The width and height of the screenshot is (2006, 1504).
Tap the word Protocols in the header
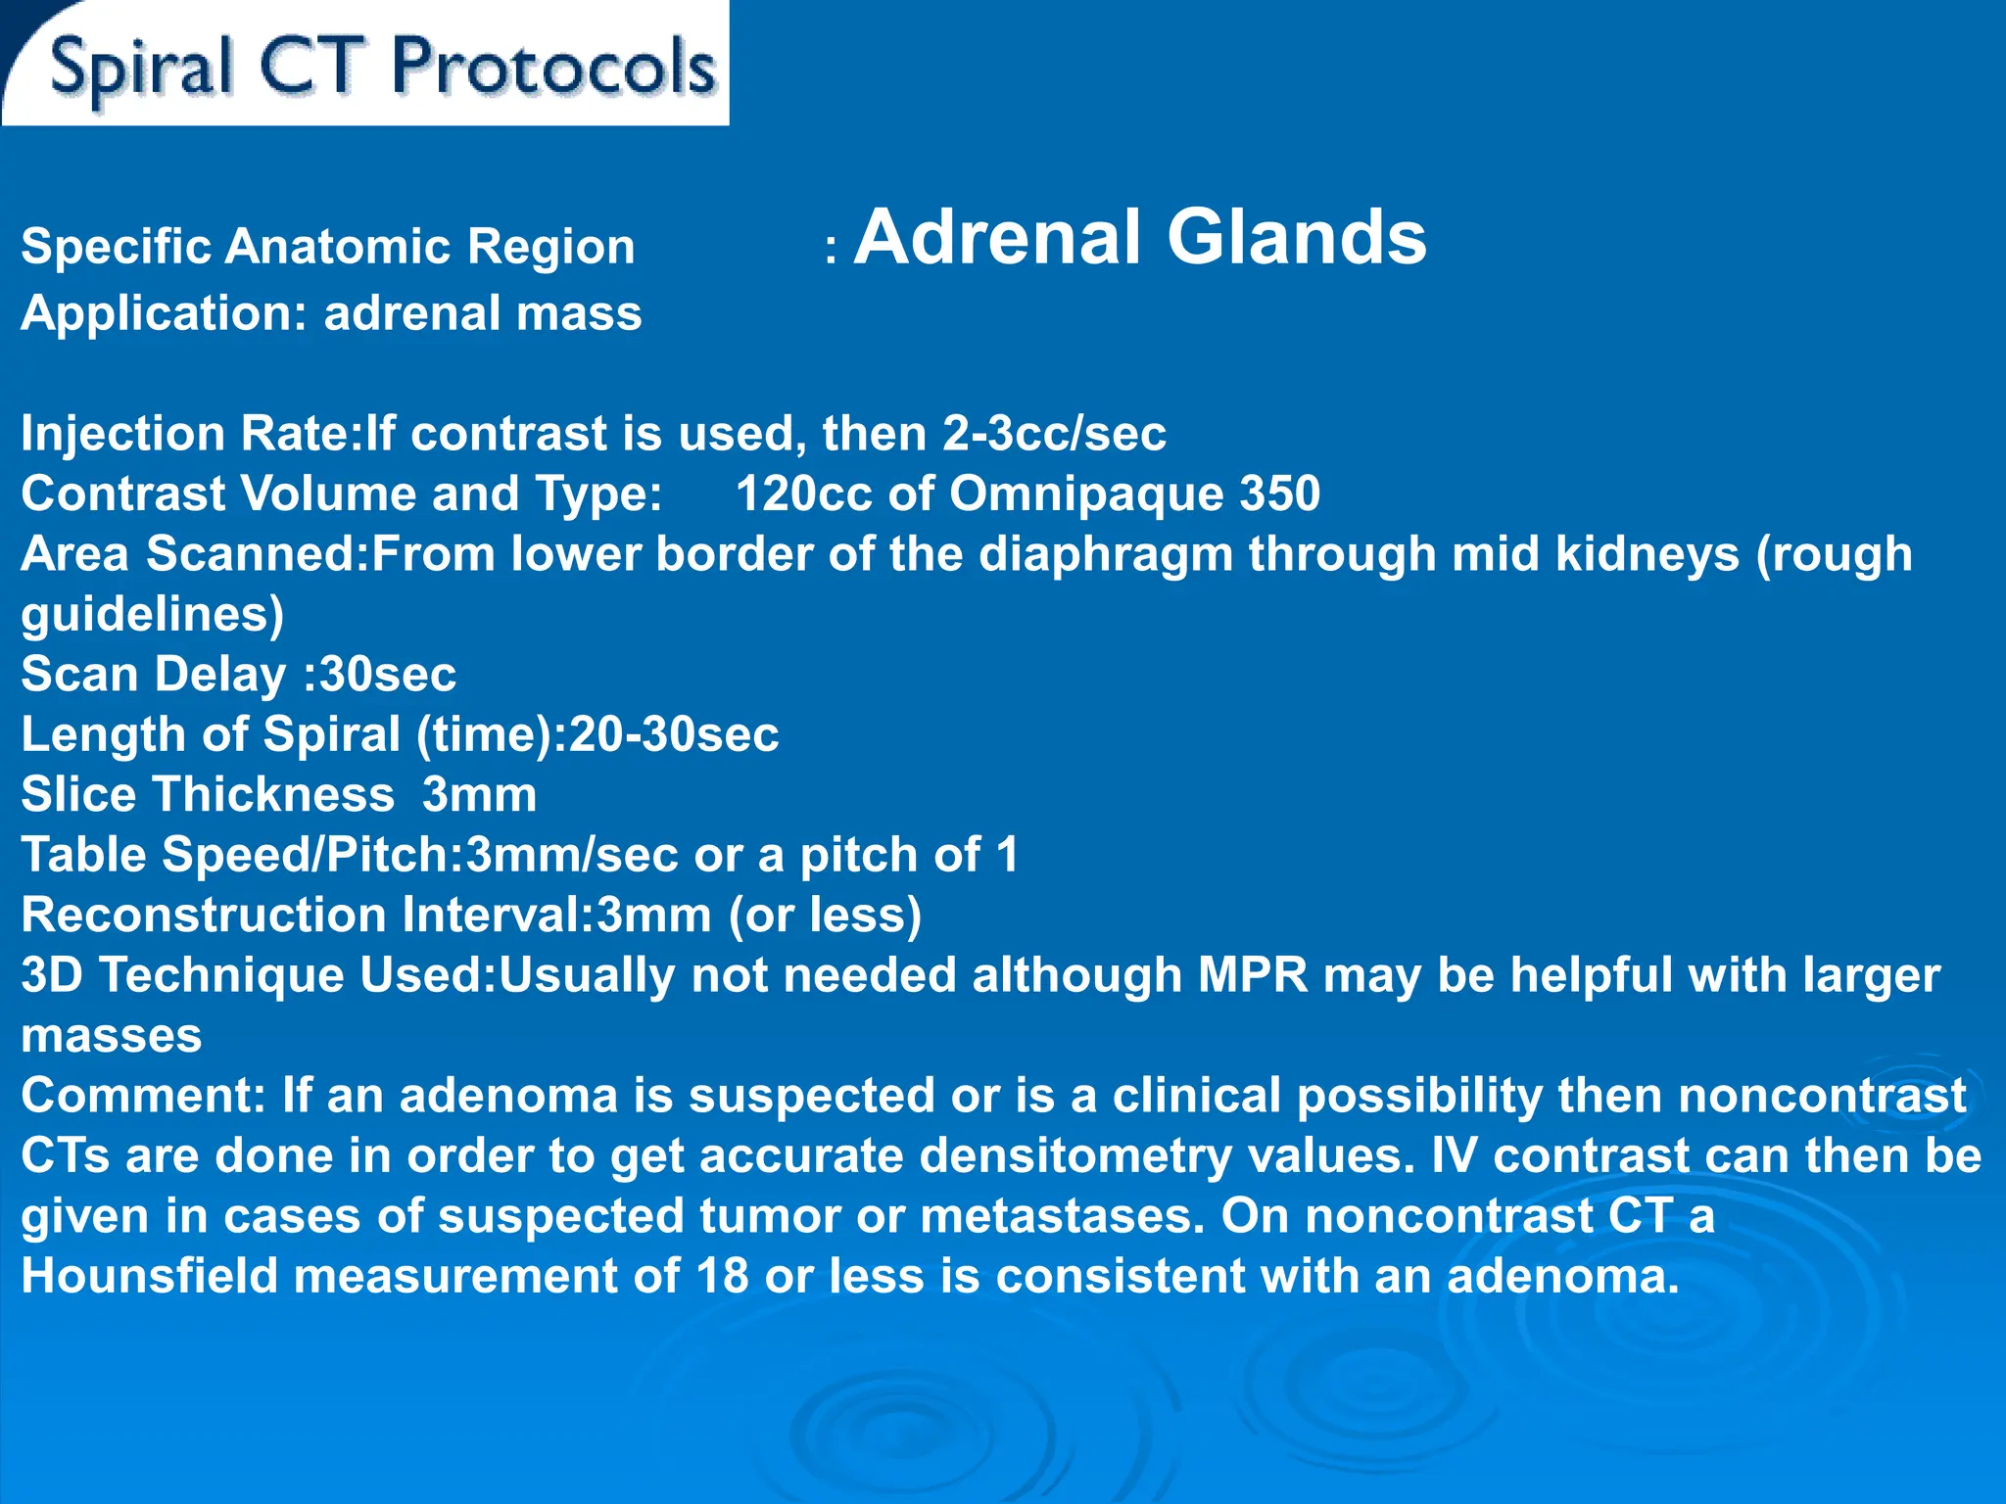point(553,69)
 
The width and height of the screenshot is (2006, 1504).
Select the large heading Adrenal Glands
point(1140,238)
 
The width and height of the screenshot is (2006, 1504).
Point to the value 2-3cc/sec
point(1054,434)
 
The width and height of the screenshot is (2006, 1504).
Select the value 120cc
point(802,493)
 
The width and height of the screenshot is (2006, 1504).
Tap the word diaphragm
point(1106,555)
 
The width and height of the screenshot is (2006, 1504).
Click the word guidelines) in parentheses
point(153,615)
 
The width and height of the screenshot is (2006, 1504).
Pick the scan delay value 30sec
point(388,675)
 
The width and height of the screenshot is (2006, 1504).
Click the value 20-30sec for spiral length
point(674,734)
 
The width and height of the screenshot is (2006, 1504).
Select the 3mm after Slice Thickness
point(479,794)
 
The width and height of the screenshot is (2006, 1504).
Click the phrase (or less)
point(825,916)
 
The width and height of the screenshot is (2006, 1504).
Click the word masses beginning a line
point(112,1036)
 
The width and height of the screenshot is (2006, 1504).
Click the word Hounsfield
point(150,1277)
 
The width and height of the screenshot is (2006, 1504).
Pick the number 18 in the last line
point(722,1277)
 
